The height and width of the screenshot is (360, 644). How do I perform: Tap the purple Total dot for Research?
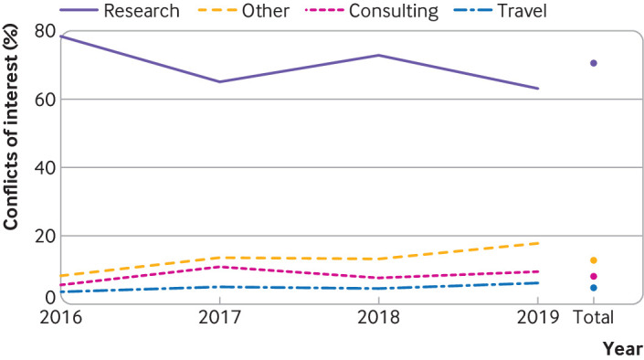(x=594, y=63)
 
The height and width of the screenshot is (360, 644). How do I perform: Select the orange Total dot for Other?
(x=594, y=260)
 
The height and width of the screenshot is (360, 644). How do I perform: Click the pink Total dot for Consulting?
(x=594, y=276)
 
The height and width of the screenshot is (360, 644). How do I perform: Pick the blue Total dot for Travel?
(x=594, y=288)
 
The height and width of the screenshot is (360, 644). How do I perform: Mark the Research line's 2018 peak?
(x=379, y=55)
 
